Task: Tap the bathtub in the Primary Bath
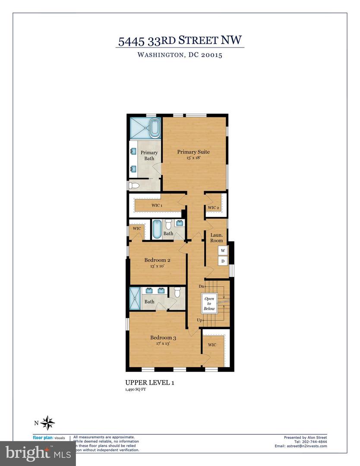tap(155, 128)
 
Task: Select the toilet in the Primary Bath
tap(133, 186)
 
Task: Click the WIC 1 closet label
tap(156, 205)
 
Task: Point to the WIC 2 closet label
tap(214, 208)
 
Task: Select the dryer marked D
tap(223, 261)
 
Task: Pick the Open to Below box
tap(209, 304)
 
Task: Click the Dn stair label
tap(201, 286)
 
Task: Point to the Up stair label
tap(199, 320)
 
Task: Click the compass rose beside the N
tap(49, 422)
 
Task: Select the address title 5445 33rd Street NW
tap(180, 41)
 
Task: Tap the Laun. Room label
tap(216, 238)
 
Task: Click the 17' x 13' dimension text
tap(163, 344)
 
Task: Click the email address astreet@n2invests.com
tap(300, 446)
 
